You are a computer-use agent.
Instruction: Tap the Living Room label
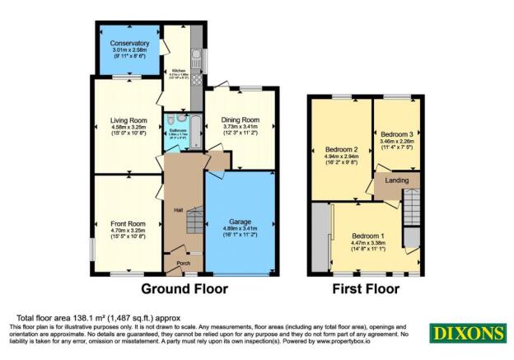tap(128, 120)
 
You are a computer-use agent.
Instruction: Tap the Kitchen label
tap(179, 72)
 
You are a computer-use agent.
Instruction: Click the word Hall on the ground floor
tap(177, 210)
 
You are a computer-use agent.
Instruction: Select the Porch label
tap(184, 264)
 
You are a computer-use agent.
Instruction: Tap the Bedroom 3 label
tap(397, 134)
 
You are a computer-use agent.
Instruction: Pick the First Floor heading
tap(366, 289)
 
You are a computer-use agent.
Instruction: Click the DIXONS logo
tap(466, 333)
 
